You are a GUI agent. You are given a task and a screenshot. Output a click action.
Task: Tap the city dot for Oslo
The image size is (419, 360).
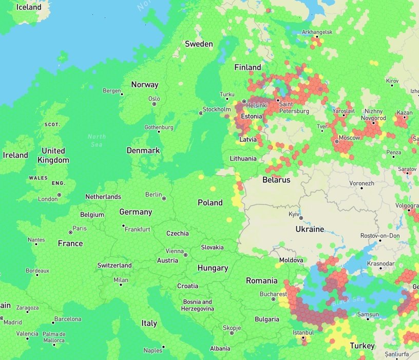tap(154, 104)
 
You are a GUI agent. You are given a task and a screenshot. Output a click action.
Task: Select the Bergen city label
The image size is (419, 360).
tap(111, 91)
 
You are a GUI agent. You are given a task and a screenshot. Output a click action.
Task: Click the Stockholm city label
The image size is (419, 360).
tap(217, 109)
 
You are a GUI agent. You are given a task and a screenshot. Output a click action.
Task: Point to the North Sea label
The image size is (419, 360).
tap(96, 140)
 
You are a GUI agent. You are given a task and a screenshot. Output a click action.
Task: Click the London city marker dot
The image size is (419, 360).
tap(60, 195)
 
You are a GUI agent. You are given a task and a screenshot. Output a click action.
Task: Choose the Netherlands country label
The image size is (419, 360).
tap(103, 197)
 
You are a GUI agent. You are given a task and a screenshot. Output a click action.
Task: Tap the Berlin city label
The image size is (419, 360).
tap(154, 194)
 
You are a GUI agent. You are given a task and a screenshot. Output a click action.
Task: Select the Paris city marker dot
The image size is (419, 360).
tap(70, 232)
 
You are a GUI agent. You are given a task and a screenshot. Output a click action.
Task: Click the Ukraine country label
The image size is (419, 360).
tap(310, 229)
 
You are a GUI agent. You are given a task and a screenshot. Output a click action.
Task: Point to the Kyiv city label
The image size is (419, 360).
tap(294, 213)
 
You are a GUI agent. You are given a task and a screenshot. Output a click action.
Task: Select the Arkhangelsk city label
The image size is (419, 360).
tap(317, 32)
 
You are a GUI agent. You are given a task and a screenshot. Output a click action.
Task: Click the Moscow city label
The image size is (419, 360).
tap(350, 138)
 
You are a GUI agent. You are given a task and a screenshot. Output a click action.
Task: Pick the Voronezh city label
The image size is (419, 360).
tap(362, 183)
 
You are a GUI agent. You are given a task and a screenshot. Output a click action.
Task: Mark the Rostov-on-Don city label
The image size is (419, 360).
tap(380, 235)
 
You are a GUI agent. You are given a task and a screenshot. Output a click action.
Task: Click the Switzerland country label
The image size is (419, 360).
tap(115, 266)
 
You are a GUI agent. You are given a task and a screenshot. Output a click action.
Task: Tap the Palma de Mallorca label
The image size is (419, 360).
tap(54, 337)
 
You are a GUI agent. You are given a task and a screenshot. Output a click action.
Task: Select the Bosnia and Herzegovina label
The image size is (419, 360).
tap(198, 305)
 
